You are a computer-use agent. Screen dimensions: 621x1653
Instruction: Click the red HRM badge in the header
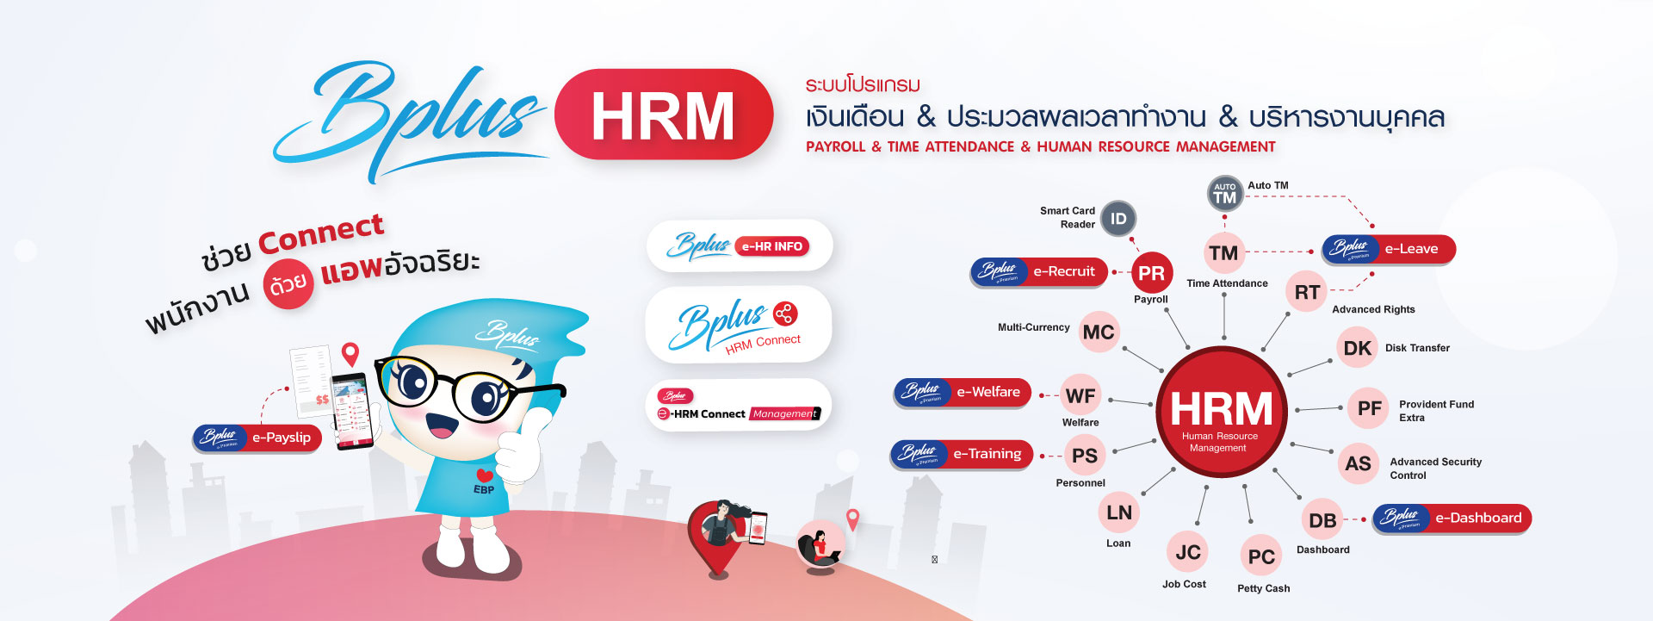(663, 115)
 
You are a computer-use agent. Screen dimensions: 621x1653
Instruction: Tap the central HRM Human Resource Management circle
(1221, 412)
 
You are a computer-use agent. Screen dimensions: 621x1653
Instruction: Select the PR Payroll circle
(1151, 273)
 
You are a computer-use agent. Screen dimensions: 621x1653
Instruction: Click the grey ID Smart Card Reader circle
(1117, 219)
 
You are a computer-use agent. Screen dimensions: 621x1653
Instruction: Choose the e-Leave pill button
(1389, 249)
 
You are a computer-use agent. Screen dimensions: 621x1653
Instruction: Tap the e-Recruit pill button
(1039, 271)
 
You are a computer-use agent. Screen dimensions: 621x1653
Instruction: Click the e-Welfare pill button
(963, 392)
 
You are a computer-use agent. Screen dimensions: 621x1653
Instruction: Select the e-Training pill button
(961, 454)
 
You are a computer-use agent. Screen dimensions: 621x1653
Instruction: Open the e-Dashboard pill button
(1452, 518)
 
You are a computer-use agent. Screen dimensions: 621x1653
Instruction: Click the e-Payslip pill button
(257, 438)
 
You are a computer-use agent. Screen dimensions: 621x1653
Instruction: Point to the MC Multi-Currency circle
(1099, 332)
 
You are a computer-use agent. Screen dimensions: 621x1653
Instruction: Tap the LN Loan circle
(1119, 512)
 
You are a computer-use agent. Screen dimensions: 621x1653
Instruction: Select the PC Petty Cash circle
(1261, 556)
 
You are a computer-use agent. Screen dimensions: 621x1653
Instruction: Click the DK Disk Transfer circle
(1357, 348)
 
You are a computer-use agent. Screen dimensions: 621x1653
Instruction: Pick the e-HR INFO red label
(772, 246)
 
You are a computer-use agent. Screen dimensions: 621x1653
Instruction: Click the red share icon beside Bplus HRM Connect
(784, 314)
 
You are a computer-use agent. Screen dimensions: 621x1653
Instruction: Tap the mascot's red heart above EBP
(485, 475)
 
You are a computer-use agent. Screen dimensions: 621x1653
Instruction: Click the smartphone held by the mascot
(353, 410)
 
